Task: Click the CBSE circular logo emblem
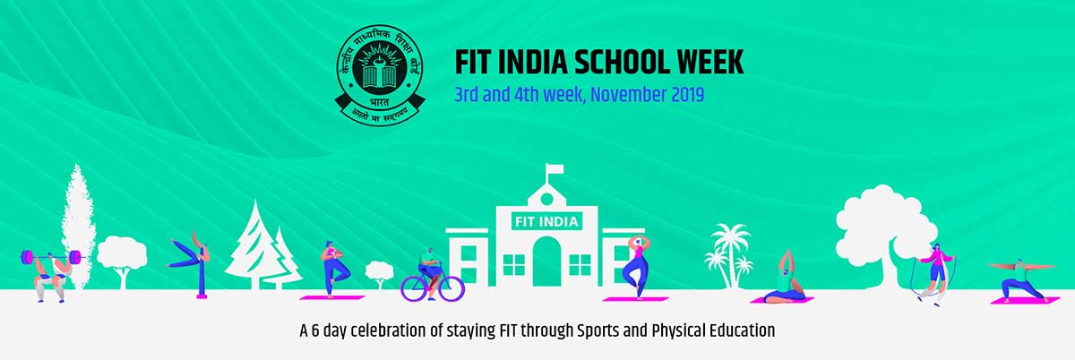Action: point(380,75)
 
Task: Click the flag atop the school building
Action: point(555,169)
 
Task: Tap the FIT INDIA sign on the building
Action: point(546,222)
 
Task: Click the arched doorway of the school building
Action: point(546,261)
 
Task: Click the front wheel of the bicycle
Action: point(450,288)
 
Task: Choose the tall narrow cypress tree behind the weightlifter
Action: point(77,226)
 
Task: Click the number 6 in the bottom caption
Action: point(315,330)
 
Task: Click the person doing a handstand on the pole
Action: point(191,253)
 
